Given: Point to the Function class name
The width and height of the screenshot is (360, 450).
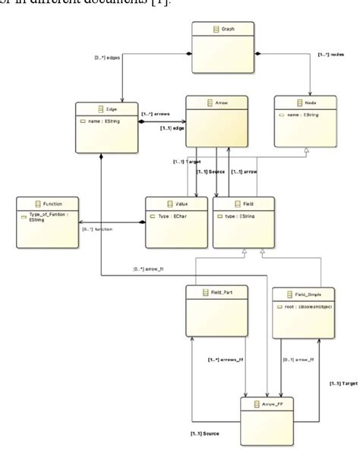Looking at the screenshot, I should pyautogui.click(x=48, y=205).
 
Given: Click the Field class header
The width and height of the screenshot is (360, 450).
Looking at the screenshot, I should pyautogui.click(x=242, y=204).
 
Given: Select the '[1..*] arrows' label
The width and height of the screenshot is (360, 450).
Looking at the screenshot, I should pyautogui.click(x=156, y=114).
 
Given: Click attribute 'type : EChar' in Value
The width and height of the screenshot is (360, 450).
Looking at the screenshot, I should pyautogui.click(x=175, y=216).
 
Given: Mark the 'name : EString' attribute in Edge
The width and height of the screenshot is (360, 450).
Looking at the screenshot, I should pyautogui.click(x=106, y=121).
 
